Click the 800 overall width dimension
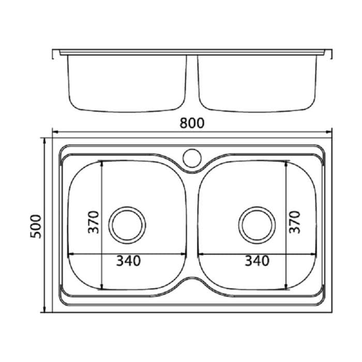192,123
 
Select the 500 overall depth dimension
36,225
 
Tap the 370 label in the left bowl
93,222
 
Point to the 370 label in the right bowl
294,222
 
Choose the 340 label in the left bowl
128,262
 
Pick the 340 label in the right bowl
257,262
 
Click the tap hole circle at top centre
192,156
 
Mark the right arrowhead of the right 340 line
314,254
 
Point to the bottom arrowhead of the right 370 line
286,287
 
